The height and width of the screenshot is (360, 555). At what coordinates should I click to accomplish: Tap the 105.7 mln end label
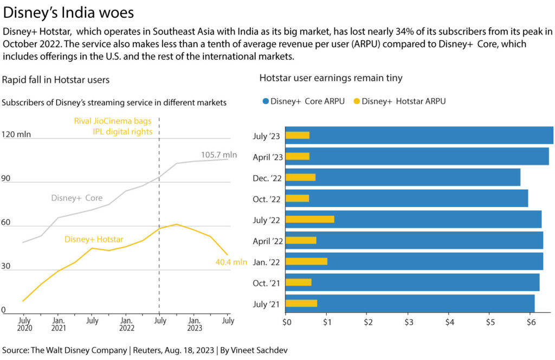(x=219, y=155)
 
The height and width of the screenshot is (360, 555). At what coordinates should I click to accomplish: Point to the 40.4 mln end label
(x=231, y=262)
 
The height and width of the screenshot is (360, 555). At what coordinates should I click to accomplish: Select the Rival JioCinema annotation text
(x=113, y=126)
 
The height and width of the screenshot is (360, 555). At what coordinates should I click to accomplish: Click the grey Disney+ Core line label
(x=77, y=198)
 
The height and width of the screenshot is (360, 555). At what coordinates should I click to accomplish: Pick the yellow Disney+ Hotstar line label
(x=94, y=239)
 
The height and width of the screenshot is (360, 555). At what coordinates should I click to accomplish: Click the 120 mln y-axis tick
(x=17, y=134)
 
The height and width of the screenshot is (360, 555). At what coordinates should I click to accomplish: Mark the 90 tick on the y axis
(x=7, y=178)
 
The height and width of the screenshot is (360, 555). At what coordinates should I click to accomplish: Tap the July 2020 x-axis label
(x=24, y=325)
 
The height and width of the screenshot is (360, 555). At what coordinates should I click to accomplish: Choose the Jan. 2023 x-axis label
(x=195, y=325)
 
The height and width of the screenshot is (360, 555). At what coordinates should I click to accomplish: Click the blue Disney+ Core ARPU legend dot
(x=265, y=101)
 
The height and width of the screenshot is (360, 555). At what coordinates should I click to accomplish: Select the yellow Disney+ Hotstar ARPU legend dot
(x=356, y=101)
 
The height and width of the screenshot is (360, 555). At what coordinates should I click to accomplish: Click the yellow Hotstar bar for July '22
(x=309, y=219)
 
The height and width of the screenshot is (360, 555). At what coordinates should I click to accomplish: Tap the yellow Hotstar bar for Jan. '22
(x=306, y=261)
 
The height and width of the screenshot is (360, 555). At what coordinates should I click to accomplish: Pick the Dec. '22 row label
(x=268, y=177)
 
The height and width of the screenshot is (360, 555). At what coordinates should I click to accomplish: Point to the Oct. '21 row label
(x=268, y=282)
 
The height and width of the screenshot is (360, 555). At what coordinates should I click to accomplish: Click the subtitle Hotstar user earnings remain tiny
(x=331, y=78)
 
